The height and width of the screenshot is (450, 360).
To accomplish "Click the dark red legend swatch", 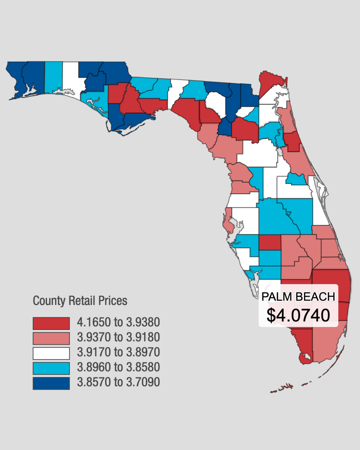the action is click(x=51, y=323).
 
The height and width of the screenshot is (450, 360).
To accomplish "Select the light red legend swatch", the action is click(x=51, y=338).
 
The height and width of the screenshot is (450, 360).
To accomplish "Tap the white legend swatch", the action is click(x=51, y=353).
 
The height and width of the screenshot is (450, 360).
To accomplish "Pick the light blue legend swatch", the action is click(x=51, y=368).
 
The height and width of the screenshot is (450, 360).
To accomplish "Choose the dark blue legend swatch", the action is click(x=51, y=384).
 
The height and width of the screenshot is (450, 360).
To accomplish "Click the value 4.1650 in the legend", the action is click(x=94, y=322).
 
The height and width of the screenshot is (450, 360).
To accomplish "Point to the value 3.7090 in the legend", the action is click(x=143, y=382).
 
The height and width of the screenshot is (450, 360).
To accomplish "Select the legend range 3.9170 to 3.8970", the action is click(x=118, y=352).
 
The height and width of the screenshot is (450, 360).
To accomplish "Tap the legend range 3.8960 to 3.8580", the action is click(x=118, y=367).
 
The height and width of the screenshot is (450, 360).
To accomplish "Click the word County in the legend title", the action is click(x=49, y=301).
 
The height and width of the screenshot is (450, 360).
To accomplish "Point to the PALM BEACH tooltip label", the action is click(x=298, y=297).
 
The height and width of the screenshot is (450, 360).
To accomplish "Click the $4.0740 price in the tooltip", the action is click(x=298, y=315).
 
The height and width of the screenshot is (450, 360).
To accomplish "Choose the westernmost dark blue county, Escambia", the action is click(x=16, y=79).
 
